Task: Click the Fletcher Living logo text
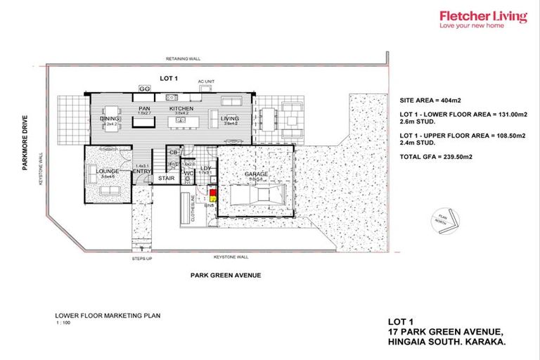point(482,16)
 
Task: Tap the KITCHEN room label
point(181,109)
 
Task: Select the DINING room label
point(110,119)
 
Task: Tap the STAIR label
point(166,179)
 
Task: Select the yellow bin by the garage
point(209,198)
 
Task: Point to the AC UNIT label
point(206,82)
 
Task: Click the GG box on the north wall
point(145,89)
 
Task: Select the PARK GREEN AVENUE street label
point(226,275)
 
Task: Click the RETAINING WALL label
point(181,59)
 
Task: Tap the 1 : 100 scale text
point(63,323)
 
